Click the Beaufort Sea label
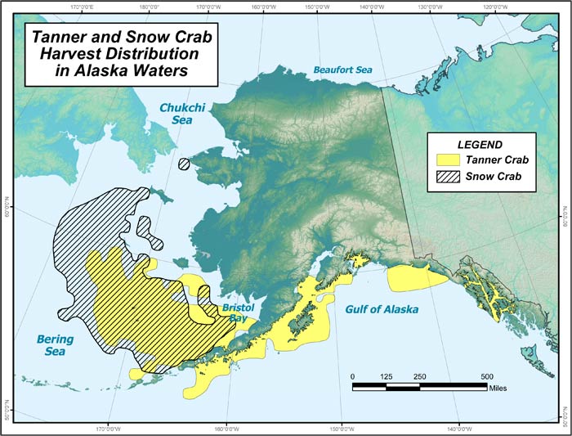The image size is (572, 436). click(340, 70)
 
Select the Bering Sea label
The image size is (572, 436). click(56, 344)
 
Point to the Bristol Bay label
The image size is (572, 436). click(239, 313)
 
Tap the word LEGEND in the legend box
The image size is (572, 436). click(480, 144)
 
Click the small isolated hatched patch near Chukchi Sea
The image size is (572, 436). click(184, 164)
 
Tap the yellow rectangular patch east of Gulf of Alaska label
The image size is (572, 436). click(415, 279)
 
